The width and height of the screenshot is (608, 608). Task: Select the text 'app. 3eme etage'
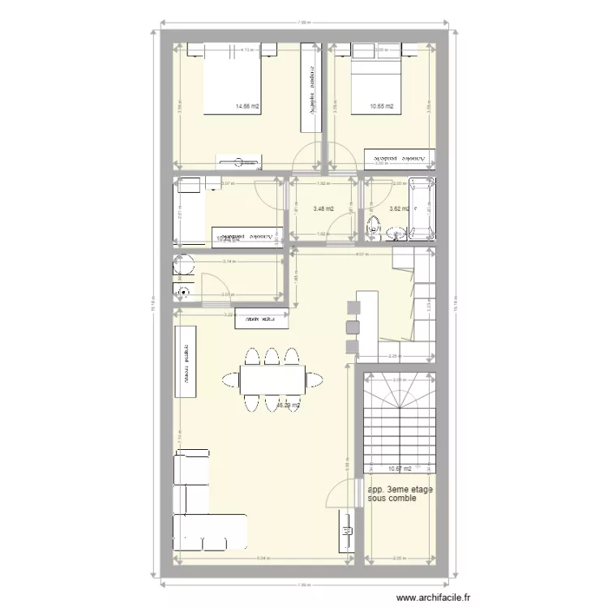tap(400, 490)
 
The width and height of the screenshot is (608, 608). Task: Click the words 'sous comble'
tap(392, 499)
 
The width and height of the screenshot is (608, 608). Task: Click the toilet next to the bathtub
tap(375, 228)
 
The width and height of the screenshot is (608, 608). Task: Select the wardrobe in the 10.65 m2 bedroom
tap(399, 160)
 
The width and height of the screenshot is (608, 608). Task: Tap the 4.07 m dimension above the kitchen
tap(361, 255)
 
